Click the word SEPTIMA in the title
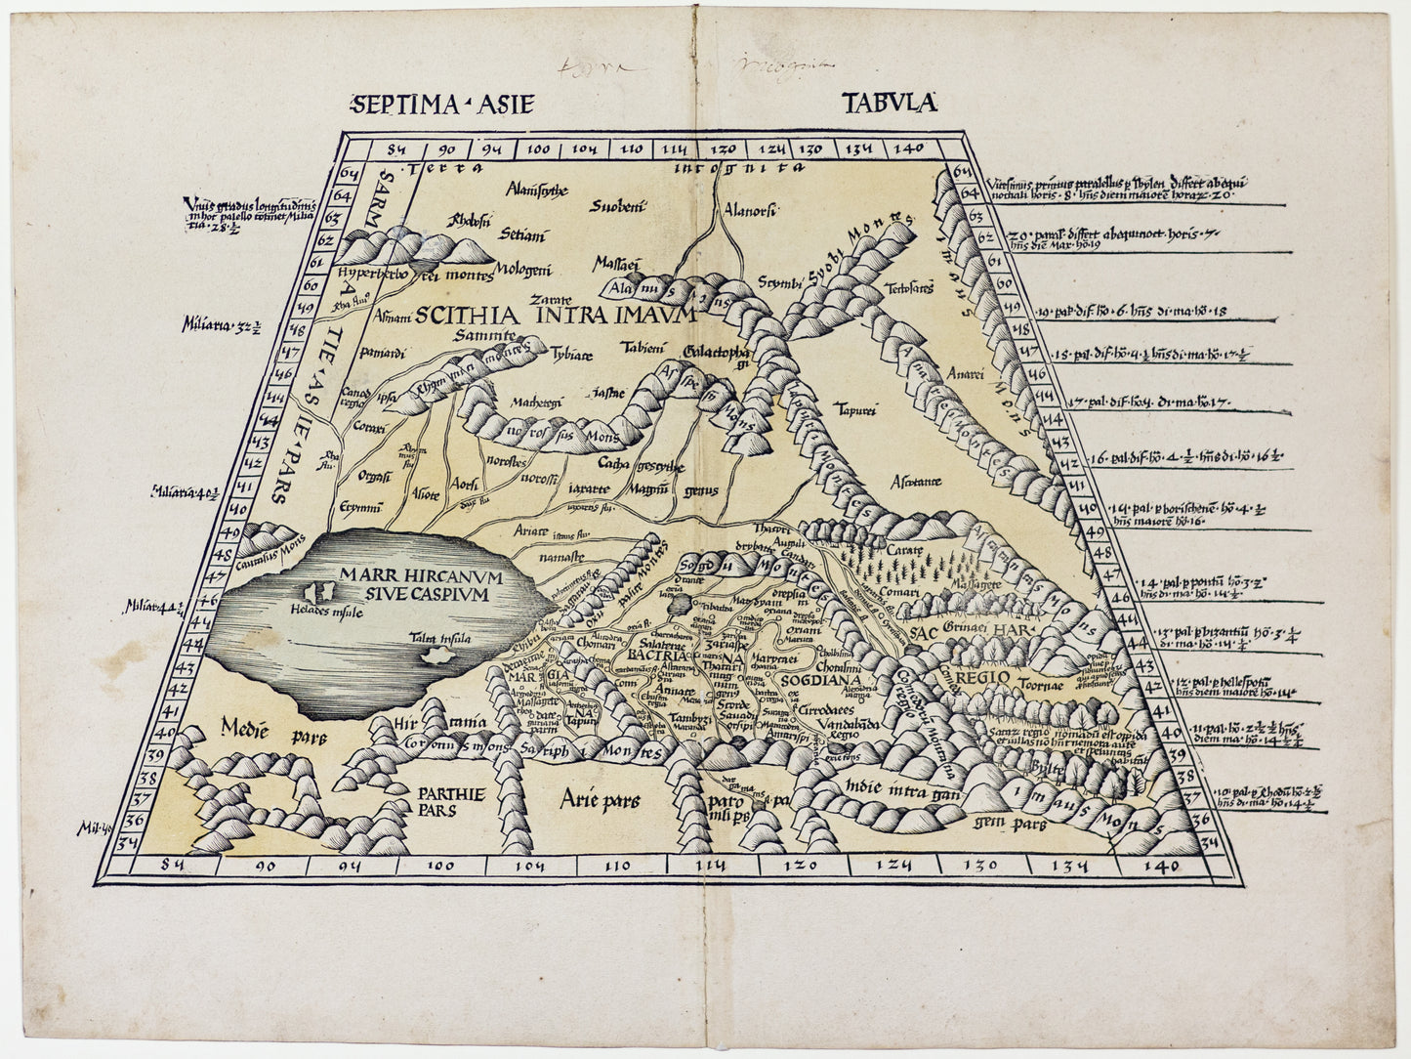(390, 104)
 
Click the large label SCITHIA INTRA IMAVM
(553, 316)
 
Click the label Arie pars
(600, 802)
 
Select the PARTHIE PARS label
(444, 802)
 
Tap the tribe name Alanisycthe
(535, 190)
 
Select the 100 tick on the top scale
(538, 149)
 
